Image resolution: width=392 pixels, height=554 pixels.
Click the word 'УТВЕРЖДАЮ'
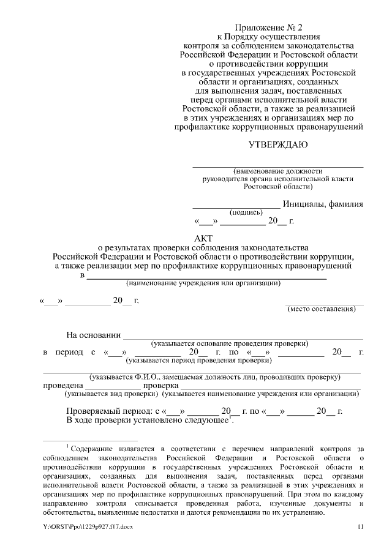point(277,145)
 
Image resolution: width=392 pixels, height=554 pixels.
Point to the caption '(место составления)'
point(322,309)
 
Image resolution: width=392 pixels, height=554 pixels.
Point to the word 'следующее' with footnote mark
point(206,421)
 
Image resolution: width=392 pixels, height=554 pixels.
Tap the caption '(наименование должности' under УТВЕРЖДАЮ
point(277,171)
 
